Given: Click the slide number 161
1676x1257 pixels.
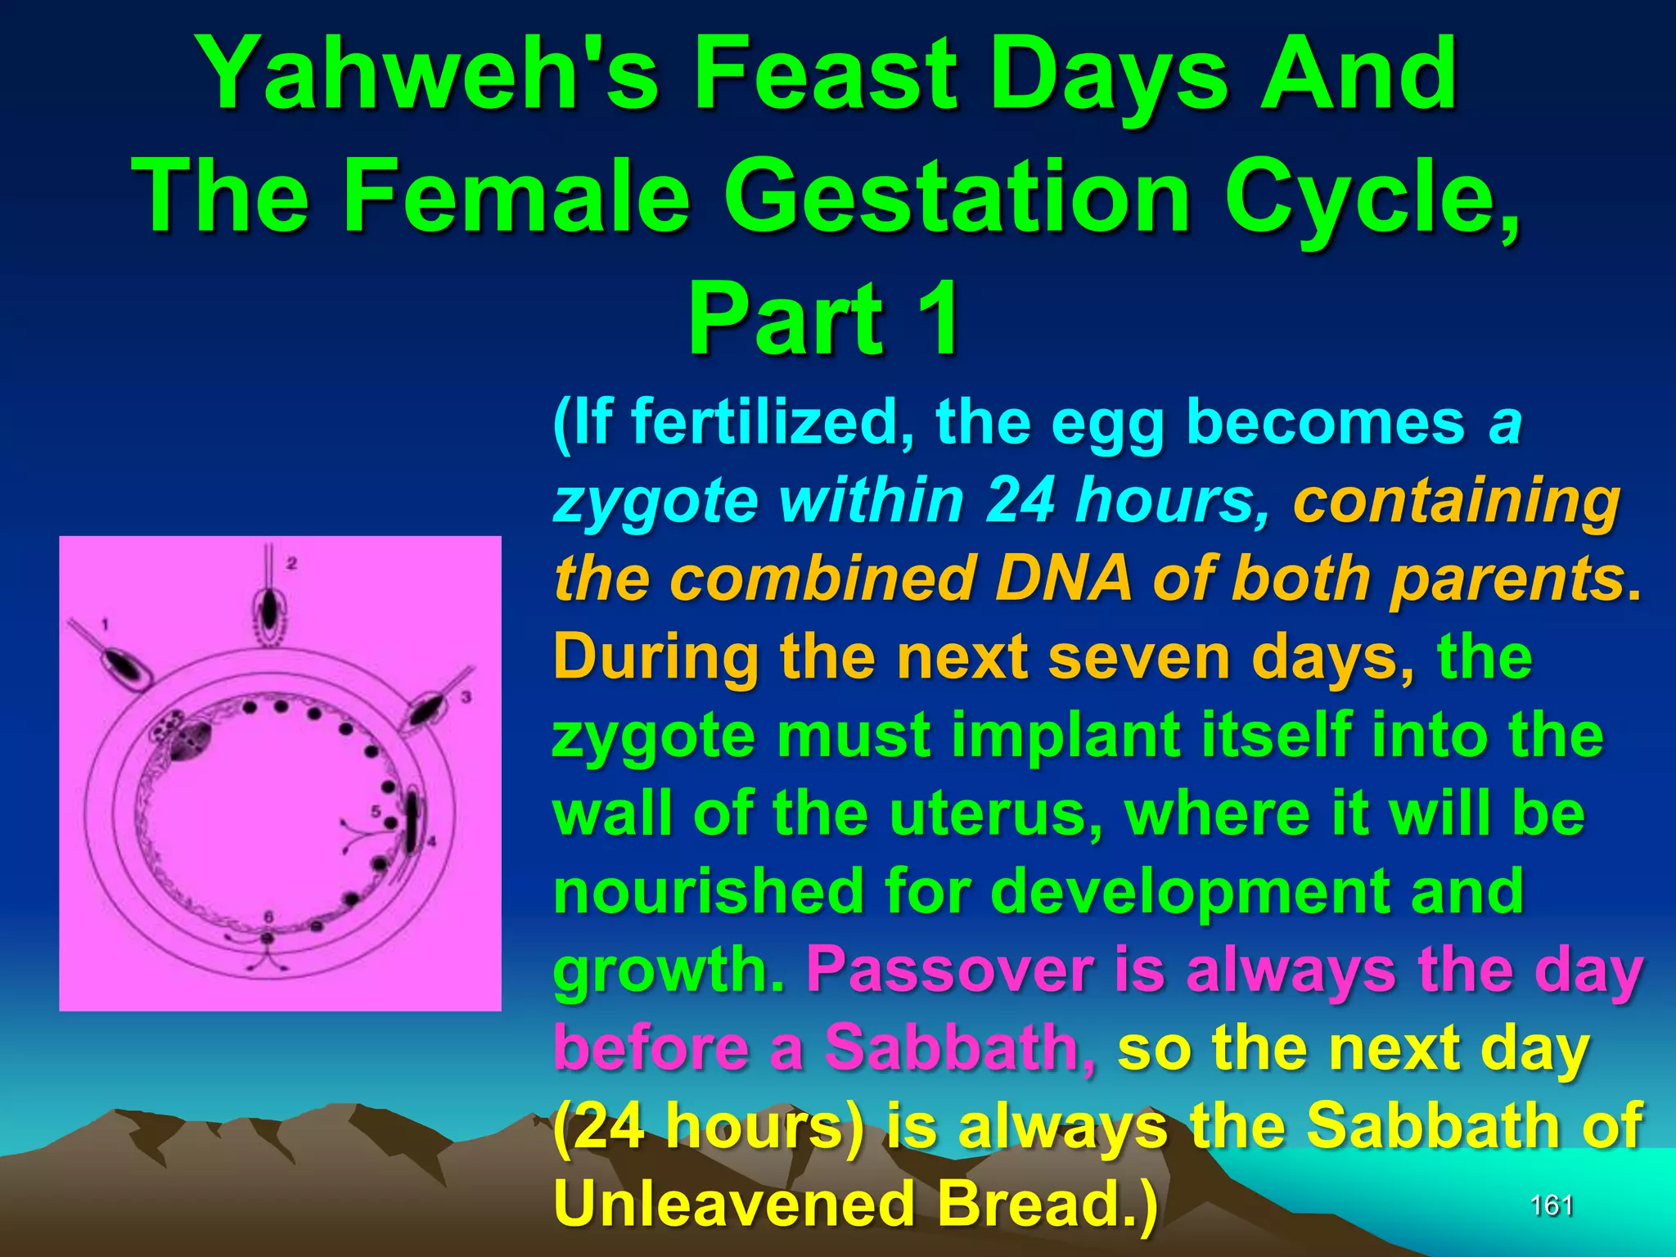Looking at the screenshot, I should (1552, 1205).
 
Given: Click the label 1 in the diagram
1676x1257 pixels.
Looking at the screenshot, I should (105, 625).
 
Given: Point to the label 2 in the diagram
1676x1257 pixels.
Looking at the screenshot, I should (292, 563).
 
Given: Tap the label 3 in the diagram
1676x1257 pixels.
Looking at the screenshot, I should (466, 697).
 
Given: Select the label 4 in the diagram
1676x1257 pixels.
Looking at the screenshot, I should (430, 841).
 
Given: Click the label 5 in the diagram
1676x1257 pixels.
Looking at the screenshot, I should (376, 812).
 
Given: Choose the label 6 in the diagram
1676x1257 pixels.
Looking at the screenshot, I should (268, 916).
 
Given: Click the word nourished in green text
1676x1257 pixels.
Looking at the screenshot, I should (708, 891).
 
